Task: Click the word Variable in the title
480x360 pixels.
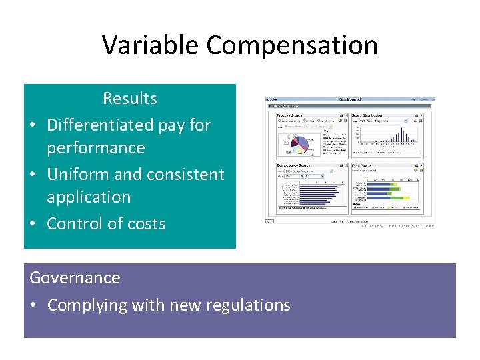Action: (x=151, y=45)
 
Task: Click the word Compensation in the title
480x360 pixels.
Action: (x=292, y=45)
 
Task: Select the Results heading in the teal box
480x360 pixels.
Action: (x=129, y=99)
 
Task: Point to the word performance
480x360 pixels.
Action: (x=95, y=147)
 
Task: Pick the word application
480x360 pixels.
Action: (x=88, y=197)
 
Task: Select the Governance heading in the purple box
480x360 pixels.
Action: (x=75, y=277)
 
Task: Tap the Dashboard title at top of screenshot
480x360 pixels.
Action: (x=349, y=99)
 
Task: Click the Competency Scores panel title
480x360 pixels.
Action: (x=295, y=165)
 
